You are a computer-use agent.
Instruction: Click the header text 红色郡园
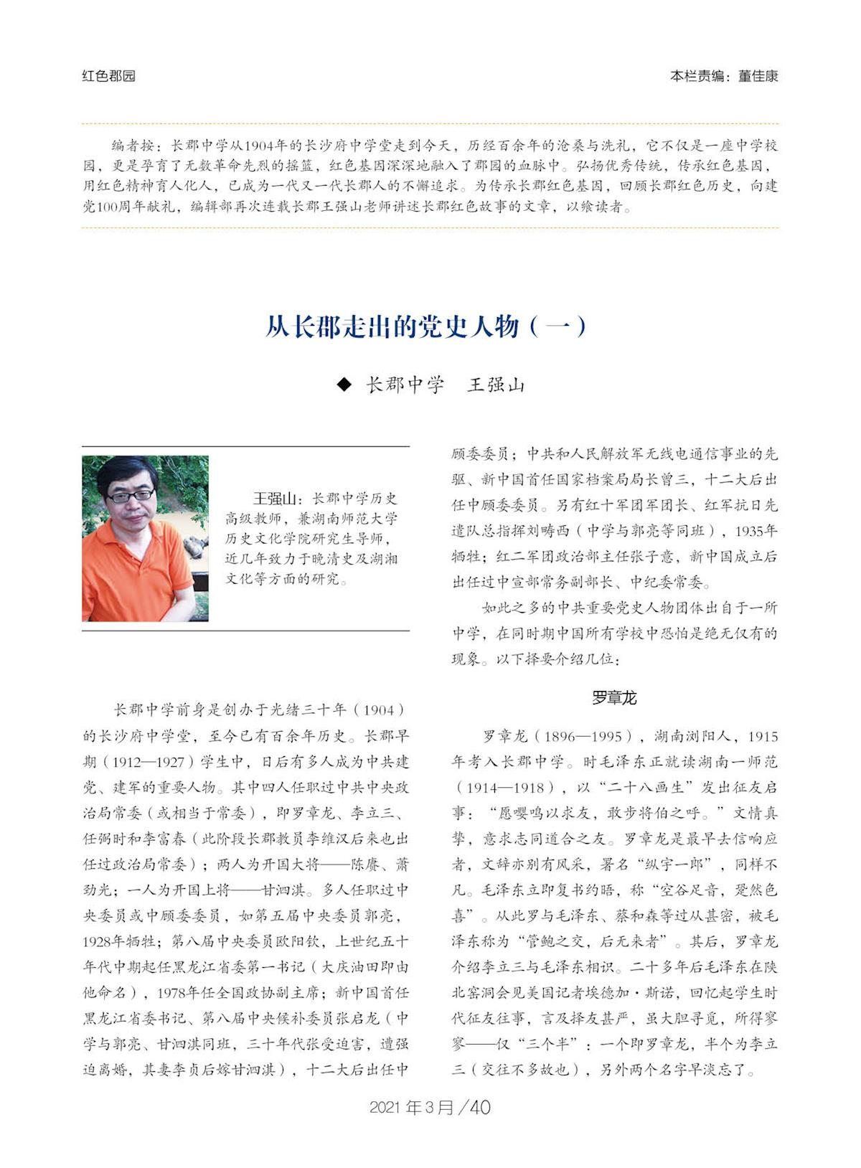[108, 76]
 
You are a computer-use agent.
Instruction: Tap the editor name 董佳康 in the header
[758, 76]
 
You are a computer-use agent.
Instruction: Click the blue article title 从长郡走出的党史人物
[392, 327]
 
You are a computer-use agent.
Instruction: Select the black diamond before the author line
[344, 385]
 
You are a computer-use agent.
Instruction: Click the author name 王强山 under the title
[496, 385]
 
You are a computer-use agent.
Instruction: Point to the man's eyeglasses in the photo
[130, 495]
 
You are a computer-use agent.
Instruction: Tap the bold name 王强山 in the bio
[274, 499]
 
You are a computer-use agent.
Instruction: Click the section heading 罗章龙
[614, 697]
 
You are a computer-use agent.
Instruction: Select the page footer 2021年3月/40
[430, 1107]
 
